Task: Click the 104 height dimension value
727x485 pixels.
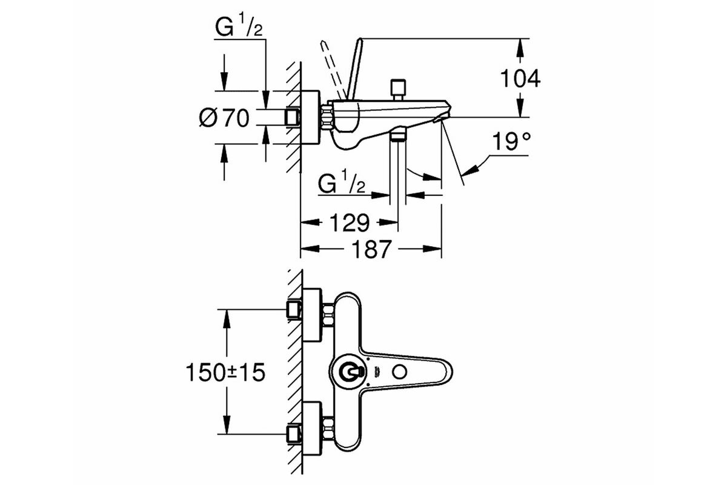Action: coord(520,78)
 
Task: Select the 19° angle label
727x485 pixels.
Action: coord(511,141)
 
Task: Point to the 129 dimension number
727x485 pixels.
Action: coord(349,222)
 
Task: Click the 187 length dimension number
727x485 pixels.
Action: coord(371,249)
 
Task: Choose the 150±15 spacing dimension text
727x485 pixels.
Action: coord(225,372)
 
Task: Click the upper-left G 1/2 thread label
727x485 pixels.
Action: coord(239,25)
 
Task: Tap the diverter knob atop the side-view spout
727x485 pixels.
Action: coord(398,90)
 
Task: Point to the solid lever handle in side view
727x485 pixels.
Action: coord(355,69)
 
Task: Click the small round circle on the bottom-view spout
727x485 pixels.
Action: coord(399,371)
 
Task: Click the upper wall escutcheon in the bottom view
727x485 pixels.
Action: coord(312,315)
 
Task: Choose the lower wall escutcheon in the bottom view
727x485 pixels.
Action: coord(312,429)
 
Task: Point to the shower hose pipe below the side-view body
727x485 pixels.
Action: coord(398,173)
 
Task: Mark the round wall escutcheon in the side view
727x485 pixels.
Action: coord(311,117)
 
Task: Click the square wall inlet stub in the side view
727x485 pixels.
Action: coord(293,117)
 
